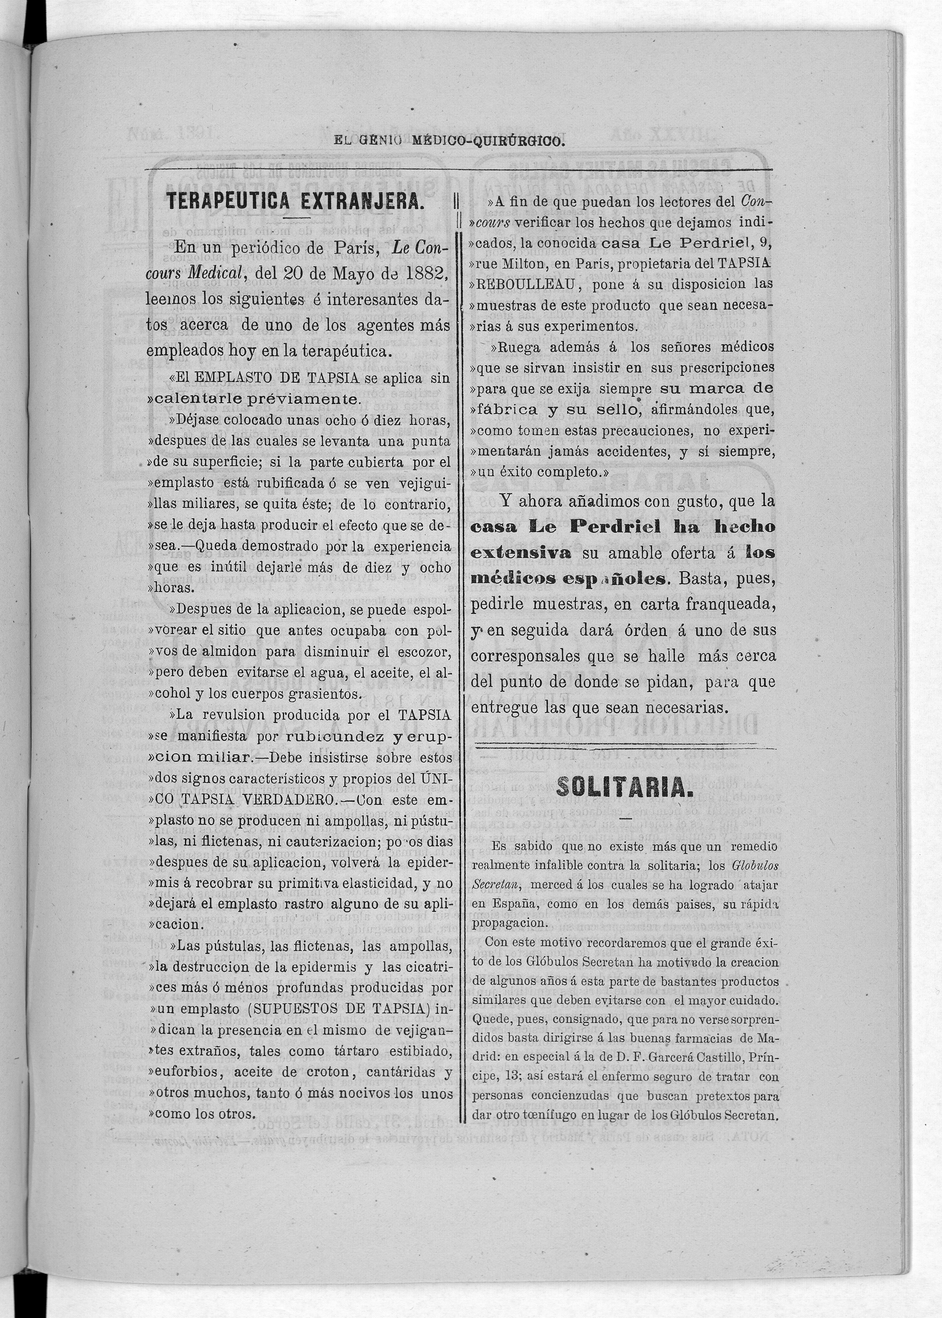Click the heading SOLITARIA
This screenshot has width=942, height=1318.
[621, 787]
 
